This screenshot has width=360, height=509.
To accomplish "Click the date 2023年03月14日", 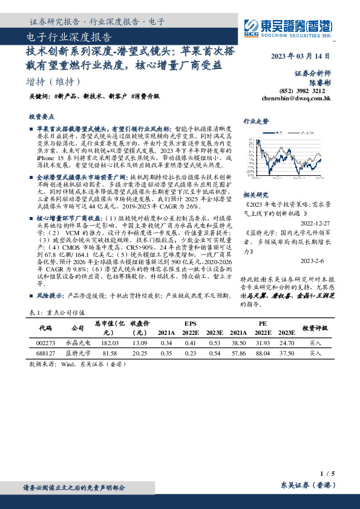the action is click(299, 56).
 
